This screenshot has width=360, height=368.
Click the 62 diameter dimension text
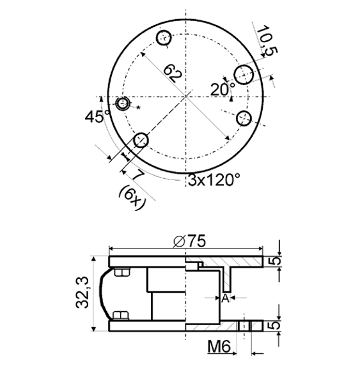pyautogui.click(x=173, y=72)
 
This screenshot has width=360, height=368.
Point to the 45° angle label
pyautogui.click(x=98, y=116)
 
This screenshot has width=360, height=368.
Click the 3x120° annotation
pyautogui.click(x=214, y=180)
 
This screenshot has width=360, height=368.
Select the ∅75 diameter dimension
pyautogui.click(x=189, y=241)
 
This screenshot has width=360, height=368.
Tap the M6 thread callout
pyautogui.click(x=220, y=348)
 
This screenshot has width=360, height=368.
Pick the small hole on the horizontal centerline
pyautogui.click(x=124, y=103)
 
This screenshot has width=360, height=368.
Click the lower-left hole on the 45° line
pyautogui.click(x=141, y=139)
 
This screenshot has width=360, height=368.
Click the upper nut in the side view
pyautogui.click(x=121, y=274)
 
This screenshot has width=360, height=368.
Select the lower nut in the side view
pyautogui.click(x=120, y=315)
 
